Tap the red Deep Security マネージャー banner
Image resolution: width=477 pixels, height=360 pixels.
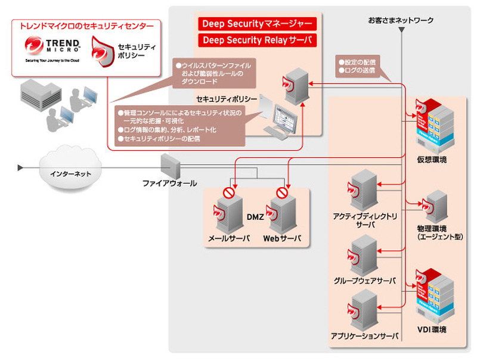pyautogui.click(x=258, y=24)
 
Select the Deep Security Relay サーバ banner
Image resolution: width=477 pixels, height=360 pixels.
pyautogui.click(x=258, y=40)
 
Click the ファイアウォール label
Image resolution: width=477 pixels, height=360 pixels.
pyautogui.click(x=169, y=183)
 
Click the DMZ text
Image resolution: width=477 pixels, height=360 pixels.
pyautogui.click(x=255, y=218)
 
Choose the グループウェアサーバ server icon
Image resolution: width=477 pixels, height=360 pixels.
pyautogui.click(x=362, y=253)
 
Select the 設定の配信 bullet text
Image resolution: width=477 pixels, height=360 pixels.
pyautogui.click(x=361, y=61)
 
